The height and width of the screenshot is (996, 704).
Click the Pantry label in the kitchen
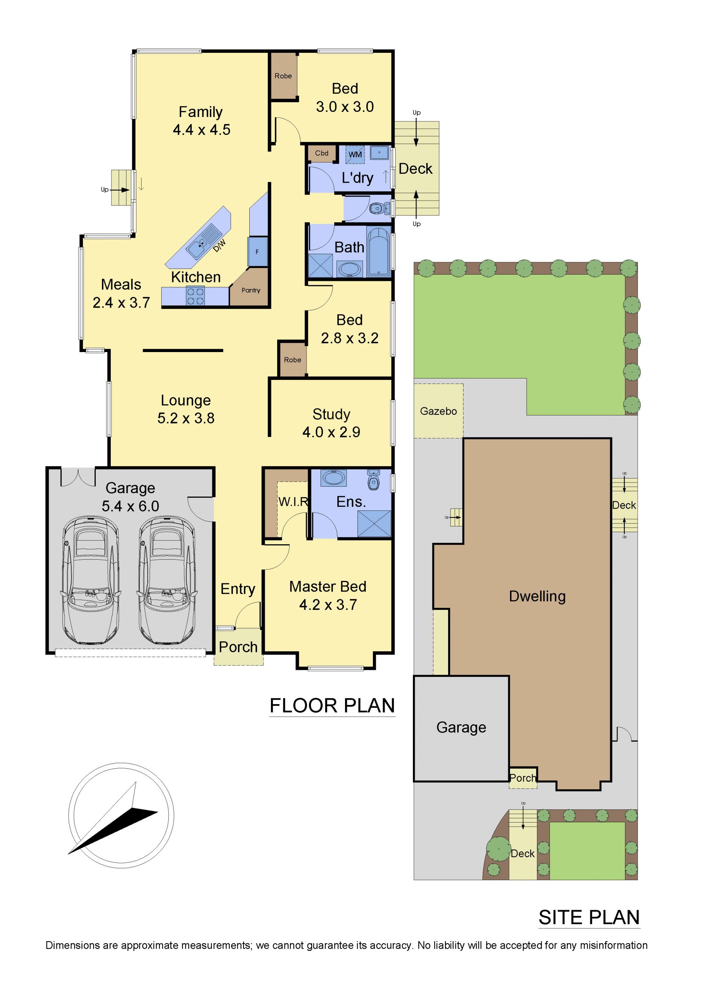pyautogui.click(x=251, y=290)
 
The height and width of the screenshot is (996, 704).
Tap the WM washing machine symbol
pyautogui.click(x=355, y=154)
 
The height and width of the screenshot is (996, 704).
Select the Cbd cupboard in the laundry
pyautogui.click(x=322, y=153)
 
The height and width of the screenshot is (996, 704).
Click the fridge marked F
pyautogui.click(x=257, y=252)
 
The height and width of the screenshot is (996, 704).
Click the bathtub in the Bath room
pyautogui.click(x=379, y=251)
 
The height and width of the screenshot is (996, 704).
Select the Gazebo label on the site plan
pyautogui.click(x=438, y=411)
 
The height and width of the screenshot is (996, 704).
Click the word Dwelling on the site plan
pyautogui.click(x=537, y=596)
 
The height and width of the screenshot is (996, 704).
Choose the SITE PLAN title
pyautogui.click(x=589, y=918)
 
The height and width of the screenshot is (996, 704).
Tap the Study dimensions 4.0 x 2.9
pyautogui.click(x=331, y=432)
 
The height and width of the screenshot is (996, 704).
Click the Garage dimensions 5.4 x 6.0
pyautogui.click(x=130, y=506)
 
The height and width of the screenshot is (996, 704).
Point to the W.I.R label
pyautogui.click(x=293, y=502)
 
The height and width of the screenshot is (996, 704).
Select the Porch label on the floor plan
pyautogui.click(x=238, y=647)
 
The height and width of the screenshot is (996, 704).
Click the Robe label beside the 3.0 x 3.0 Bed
pyautogui.click(x=283, y=76)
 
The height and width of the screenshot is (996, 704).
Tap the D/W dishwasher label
pyautogui.click(x=220, y=246)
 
